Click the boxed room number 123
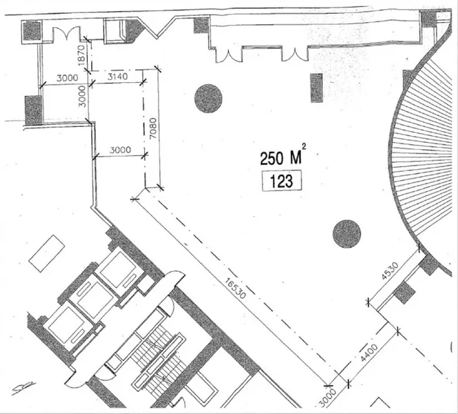282,181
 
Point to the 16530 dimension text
235,288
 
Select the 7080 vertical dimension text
154,128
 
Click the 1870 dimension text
81,55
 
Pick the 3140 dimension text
117,77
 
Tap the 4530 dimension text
390,271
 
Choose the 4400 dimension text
369,353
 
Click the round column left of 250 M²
208,99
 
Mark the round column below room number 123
347,234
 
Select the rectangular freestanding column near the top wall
317,88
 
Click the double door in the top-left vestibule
66,34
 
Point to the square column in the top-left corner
31,31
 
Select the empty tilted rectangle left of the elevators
47,254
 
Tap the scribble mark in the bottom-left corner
23,388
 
